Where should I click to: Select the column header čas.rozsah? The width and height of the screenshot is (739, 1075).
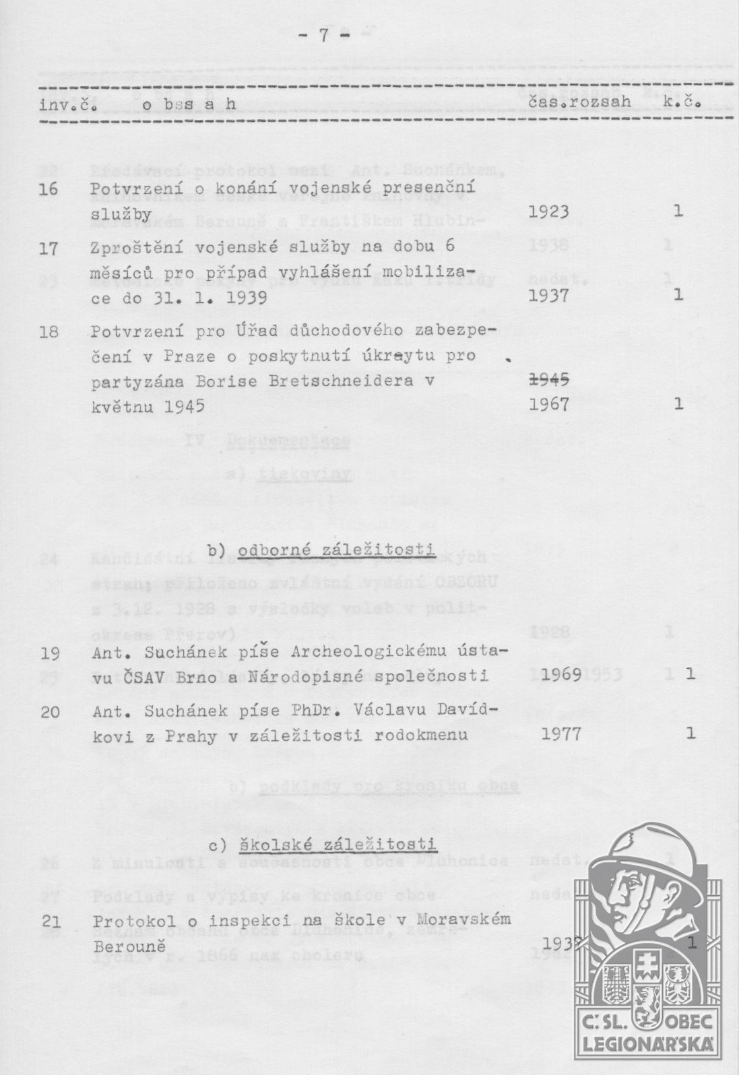579,102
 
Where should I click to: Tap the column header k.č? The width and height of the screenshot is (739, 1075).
683,102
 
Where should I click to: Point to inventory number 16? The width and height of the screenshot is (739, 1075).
49,189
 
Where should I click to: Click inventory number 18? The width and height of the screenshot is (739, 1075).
49,332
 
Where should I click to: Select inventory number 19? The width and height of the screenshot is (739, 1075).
50,653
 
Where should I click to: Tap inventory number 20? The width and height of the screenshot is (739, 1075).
50,711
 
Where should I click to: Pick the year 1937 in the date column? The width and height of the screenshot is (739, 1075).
548,296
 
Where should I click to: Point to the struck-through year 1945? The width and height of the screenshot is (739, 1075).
550,380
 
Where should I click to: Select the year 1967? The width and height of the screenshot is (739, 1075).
549,404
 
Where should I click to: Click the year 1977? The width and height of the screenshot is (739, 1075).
561,734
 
